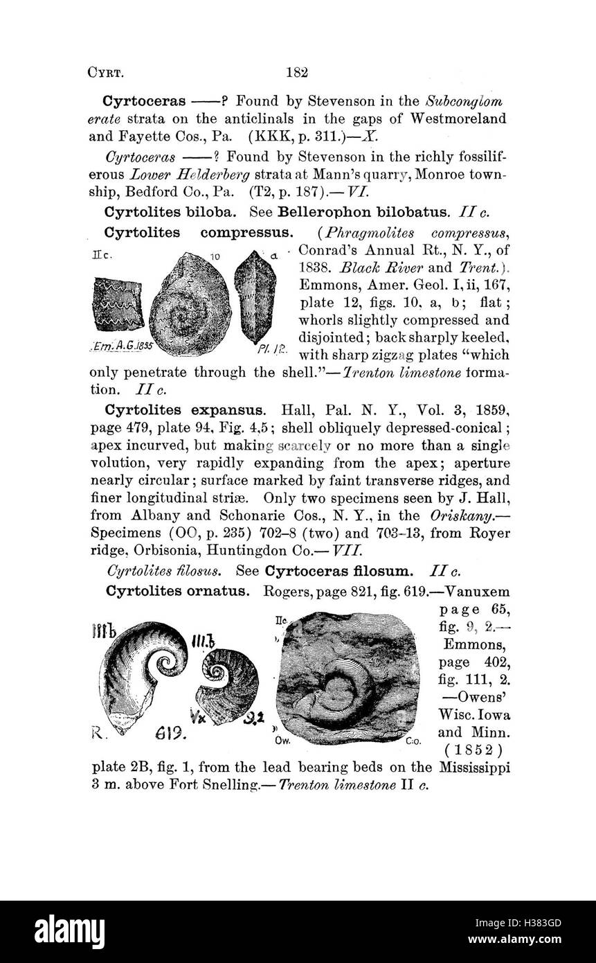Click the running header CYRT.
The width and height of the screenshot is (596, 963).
(105, 72)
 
